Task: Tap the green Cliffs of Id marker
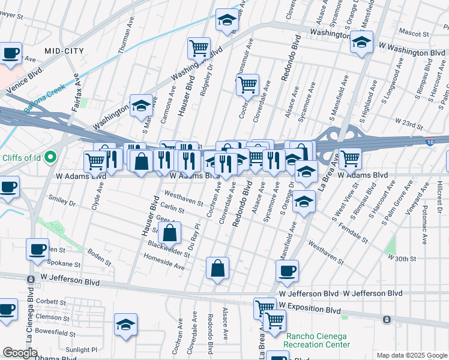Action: point(50,157)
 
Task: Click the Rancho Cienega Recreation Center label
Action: point(318,341)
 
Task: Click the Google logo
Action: point(20,353)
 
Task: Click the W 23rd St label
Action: point(409,122)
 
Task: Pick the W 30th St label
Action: point(402,257)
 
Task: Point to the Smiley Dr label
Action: point(63,203)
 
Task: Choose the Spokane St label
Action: point(64,264)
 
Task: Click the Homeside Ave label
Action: point(163,261)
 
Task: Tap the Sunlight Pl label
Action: point(81,349)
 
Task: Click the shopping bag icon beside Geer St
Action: point(170,232)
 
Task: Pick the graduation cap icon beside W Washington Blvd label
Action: point(361,43)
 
